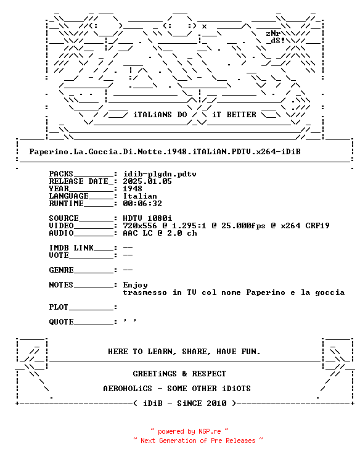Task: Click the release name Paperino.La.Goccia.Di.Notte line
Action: click(x=165, y=152)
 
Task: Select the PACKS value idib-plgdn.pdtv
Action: click(x=160, y=174)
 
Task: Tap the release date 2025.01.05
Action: click(x=147, y=181)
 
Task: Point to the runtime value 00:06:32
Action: click(x=142, y=204)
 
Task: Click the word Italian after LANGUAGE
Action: click(x=140, y=196)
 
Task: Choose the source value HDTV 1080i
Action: click(x=147, y=218)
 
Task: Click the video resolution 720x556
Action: click(x=140, y=226)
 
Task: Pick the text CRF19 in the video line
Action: click(x=317, y=226)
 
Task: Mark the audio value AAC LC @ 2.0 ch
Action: click(x=160, y=233)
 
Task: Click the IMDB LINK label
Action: click(x=71, y=248)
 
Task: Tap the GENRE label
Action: click(x=62, y=270)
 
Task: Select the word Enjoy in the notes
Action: click(x=135, y=285)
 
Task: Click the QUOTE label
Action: click(x=62, y=321)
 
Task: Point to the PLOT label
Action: click(x=59, y=307)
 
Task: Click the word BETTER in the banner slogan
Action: click(x=241, y=115)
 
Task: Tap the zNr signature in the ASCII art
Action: click(x=274, y=33)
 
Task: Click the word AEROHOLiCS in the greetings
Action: click(x=128, y=389)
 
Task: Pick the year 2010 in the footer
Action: click(x=216, y=403)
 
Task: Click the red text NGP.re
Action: click(x=210, y=431)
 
